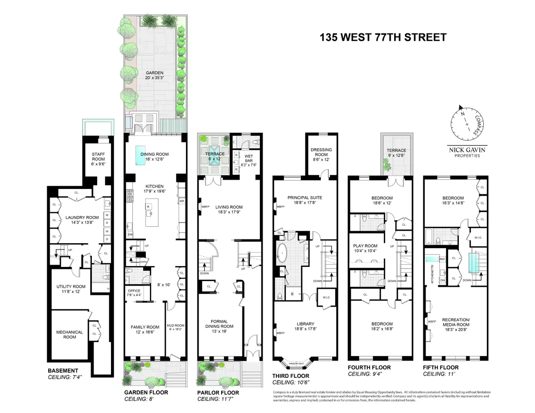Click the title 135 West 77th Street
383,37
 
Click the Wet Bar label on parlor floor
249,159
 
